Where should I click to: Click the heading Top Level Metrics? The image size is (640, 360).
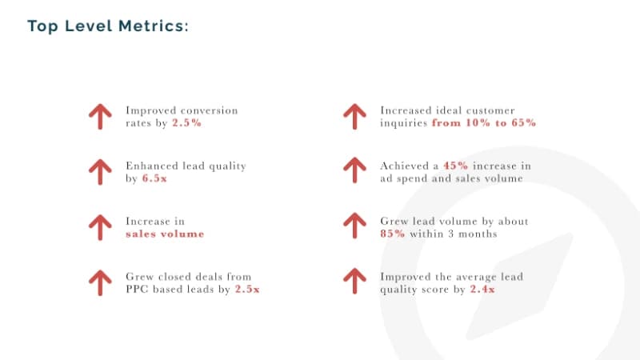point(108,26)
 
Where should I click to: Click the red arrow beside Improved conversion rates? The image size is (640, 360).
point(100,117)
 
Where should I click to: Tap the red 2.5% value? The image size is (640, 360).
point(187,123)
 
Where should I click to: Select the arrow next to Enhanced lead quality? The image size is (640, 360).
point(100,172)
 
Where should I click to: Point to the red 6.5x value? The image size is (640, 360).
point(154,178)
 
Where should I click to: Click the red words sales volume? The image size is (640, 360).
point(165,234)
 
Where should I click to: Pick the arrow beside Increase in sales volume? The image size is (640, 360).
point(100,227)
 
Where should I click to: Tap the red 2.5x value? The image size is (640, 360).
point(247,290)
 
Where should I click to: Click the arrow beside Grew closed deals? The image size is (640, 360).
point(100,283)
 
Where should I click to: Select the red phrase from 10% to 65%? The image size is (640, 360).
point(484,123)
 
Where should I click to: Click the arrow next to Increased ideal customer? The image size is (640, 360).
point(354,117)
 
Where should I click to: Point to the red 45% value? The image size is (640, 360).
point(455,166)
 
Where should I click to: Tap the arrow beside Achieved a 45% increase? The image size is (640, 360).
point(354,170)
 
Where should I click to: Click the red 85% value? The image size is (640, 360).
point(393,234)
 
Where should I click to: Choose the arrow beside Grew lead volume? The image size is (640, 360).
point(354,226)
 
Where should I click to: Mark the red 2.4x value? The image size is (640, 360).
point(482,290)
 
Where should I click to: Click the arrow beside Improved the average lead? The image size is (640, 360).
point(354,282)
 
